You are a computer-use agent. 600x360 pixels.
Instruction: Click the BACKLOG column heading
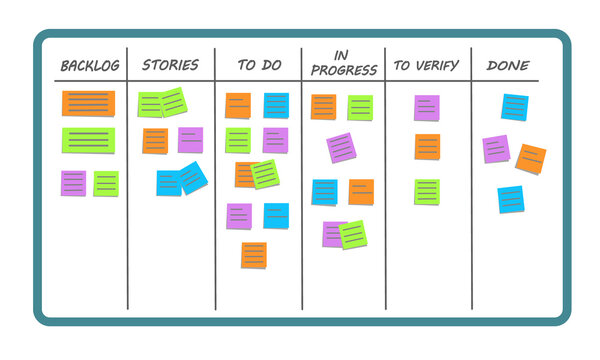[91, 66]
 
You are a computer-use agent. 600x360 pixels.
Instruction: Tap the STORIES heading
[170, 66]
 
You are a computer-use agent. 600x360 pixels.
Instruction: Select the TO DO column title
[258, 66]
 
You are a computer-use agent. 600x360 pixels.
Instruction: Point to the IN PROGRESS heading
[344, 63]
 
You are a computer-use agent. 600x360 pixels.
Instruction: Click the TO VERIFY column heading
[427, 66]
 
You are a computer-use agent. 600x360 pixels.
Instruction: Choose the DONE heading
[508, 66]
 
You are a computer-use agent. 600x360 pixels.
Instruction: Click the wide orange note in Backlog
[89, 103]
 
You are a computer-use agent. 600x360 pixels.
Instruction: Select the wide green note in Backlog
[89, 139]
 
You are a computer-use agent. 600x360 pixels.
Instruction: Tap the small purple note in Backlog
[73, 183]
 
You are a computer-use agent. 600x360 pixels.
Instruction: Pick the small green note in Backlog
[106, 183]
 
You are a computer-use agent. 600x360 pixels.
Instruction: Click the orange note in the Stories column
[155, 141]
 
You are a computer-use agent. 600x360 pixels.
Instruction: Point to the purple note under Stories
[190, 139]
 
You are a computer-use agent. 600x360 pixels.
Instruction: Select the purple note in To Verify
[427, 108]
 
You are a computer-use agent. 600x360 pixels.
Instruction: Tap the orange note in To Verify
[427, 147]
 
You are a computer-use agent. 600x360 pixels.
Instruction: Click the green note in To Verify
[427, 191]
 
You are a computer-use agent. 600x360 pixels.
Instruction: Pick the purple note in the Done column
[496, 149]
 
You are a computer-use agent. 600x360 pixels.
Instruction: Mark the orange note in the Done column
[530, 158]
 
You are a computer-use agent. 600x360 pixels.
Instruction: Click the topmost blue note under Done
[514, 107]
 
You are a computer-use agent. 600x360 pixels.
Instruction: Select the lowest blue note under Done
[510, 199]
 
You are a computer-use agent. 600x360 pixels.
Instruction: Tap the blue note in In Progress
[324, 192]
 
